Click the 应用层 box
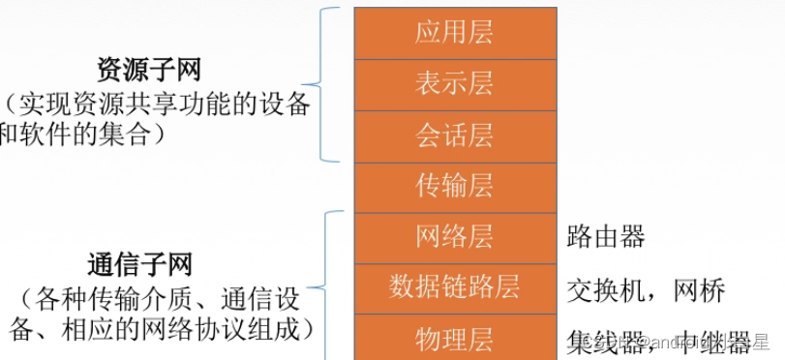pyautogui.click(x=454, y=32)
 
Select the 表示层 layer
pyautogui.click(x=454, y=83)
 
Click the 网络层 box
pyautogui.click(x=454, y=236)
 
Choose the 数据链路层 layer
pyautogui.click(x=454, y=287)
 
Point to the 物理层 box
pyautogui.click(x=454, y=339)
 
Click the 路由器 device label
pyautogui.click(x=606, y=237)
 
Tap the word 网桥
pyautogui.click(x=699, y=289)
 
